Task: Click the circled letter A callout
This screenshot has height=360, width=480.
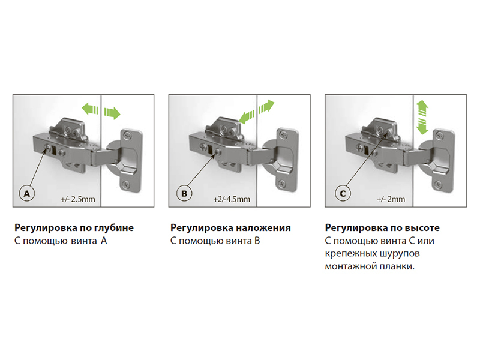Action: [27, 193]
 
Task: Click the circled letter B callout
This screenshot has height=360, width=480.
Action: [184, 193]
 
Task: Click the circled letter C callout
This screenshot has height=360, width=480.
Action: [343, 193]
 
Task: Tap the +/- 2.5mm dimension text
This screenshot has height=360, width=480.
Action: [78, 199]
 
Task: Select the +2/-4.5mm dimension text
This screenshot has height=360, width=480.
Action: [232, 199]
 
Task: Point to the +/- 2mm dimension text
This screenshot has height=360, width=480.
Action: [391, 199]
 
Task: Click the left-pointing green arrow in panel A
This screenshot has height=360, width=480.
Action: [91, 109]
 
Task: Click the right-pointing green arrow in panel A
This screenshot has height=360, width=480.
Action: [112, 113]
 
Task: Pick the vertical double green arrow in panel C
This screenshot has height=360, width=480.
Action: [422, 117]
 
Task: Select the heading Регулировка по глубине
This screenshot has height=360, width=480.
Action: [74, 228]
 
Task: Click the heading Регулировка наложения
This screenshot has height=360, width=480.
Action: [230, 228]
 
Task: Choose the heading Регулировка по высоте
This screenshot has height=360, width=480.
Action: [382, 228]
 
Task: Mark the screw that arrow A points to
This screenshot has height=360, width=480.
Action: [47, 148]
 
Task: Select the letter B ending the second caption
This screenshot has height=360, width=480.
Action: [257, 241]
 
